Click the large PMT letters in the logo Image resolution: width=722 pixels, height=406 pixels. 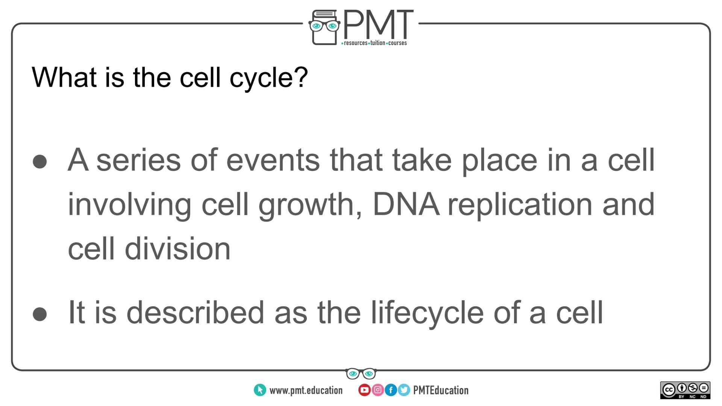[378, 24]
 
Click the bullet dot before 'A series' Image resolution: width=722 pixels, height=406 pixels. [40, 162]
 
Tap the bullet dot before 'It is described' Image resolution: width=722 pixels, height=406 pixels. [40, 314]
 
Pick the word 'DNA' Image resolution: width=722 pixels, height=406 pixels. [405, 205]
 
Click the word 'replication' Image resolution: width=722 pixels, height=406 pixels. [520, 206]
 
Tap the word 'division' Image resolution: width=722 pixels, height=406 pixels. [177, 249]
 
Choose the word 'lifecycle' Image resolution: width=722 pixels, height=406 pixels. [427, 313]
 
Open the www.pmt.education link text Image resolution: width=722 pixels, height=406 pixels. [306, 391]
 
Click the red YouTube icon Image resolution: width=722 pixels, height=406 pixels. [364, 390]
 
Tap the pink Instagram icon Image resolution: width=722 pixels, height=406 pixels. [378, 390]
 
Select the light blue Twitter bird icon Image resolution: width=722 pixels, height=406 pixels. [404, 390]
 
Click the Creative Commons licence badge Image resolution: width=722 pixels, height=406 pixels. [685, 391]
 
